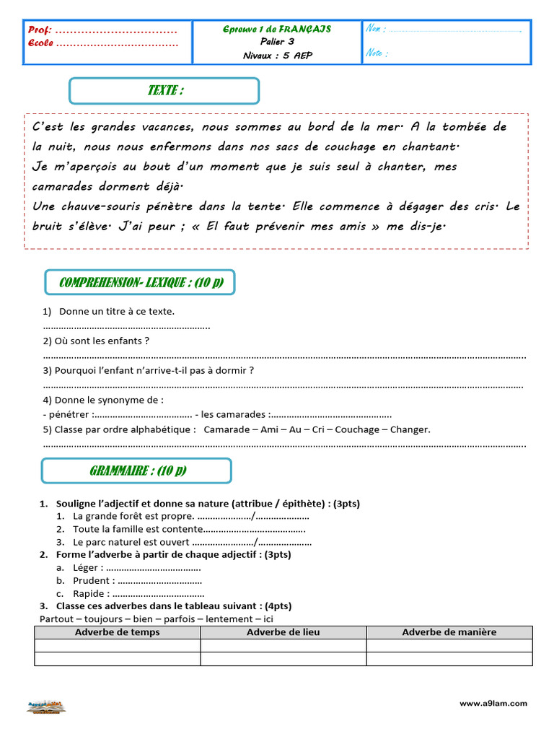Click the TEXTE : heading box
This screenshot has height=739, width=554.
coord(164,91)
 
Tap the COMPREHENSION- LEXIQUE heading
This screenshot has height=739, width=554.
coord(140,282)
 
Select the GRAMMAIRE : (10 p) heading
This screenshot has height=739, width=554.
coord(137,471)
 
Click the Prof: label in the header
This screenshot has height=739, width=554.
coord(40,30)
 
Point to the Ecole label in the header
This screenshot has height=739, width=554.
coord(41,43)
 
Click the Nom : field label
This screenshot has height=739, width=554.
coord(376,29)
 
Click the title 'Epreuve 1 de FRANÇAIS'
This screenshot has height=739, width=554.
coord(277,29)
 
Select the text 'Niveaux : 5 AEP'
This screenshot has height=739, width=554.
coord(278,56)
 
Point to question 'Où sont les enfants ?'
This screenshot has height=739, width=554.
coord(96,341)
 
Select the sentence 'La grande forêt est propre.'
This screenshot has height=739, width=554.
coord(133,516)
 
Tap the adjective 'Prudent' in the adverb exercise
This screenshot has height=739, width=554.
coord(92,580)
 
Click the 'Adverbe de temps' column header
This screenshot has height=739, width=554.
coord(118,632)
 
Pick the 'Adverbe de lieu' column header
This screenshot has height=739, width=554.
coord(283,632)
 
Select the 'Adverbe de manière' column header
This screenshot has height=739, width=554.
coord(449,632)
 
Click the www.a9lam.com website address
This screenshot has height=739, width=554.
coord(493,703)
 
